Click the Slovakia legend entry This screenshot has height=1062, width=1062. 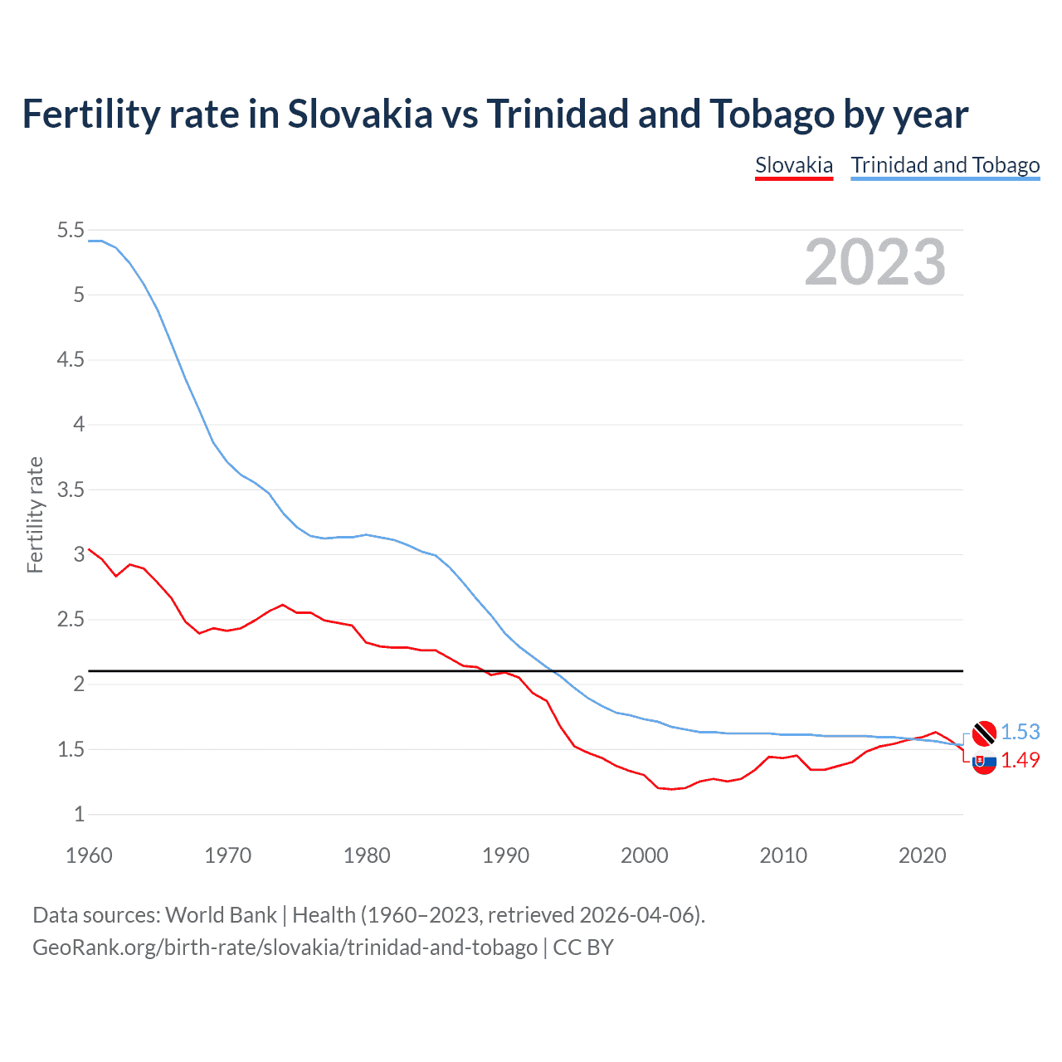pos(793,165)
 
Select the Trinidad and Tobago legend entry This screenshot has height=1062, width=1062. pos(945,165)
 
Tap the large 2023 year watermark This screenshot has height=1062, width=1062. pos(874,262)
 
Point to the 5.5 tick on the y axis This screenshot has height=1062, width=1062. pos(71,230)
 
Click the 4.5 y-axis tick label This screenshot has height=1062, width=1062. pos(71,359)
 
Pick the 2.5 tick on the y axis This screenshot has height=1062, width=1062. pos(71,620)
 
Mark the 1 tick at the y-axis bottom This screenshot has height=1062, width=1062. pos(79,814)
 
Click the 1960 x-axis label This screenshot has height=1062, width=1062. pos(89,855)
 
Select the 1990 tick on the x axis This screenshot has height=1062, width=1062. pos(505,855)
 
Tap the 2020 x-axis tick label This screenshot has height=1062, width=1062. pos(922,855)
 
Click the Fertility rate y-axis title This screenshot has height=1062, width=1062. pos(35,514)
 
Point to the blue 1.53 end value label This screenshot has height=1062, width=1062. pos(1020,732)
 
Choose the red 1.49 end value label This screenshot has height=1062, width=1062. pos(1020,760)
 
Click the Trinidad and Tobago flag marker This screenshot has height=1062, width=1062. pos(984,733)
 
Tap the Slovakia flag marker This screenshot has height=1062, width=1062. pos(984,762)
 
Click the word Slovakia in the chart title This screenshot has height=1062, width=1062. pos(360,114)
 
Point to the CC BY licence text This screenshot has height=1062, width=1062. pos(583,948)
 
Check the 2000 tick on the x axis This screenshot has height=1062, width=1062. pos(644,855)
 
